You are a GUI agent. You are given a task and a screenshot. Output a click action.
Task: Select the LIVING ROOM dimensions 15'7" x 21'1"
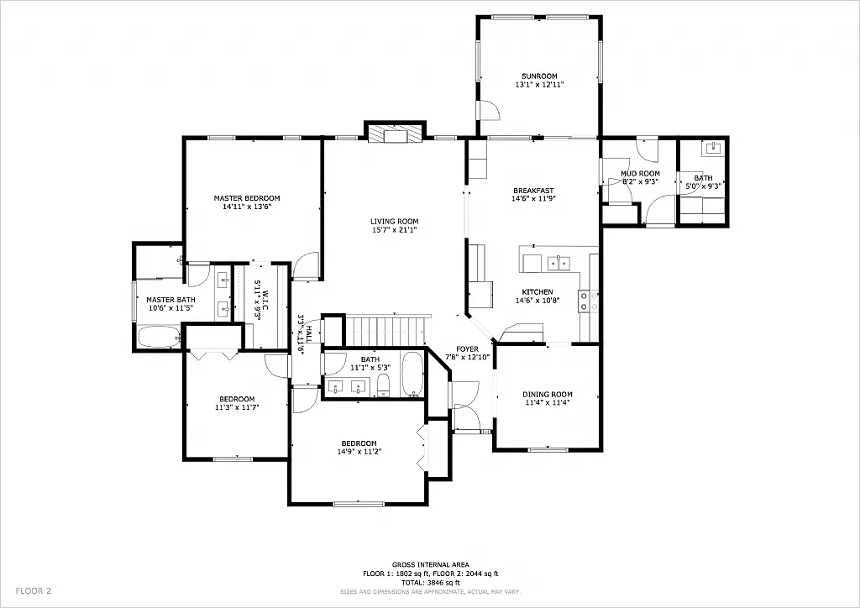click(394, 230)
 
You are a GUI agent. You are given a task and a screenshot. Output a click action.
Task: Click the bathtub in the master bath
click(159, 338)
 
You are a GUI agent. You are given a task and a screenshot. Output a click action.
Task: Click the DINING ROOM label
click(547, 395)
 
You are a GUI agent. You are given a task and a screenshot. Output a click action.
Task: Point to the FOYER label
click(467, 349)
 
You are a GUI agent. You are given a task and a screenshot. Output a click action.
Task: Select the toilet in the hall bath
click(383, 385)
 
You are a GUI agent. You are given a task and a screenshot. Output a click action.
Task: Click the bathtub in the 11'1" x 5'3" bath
click(412, 375)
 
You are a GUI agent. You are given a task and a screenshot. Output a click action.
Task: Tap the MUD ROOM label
click(640, 174)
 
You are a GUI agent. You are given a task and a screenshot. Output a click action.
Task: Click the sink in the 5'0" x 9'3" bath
click(715, 149)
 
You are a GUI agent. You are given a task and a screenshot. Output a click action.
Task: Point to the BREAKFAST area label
click(533, 191)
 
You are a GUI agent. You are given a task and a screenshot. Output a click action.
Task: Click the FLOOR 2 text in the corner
click(34, 591)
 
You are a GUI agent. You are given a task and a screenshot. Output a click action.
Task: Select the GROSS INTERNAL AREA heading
click(430, 564)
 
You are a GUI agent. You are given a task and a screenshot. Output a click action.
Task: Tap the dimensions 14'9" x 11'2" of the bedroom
click(359, 452)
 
